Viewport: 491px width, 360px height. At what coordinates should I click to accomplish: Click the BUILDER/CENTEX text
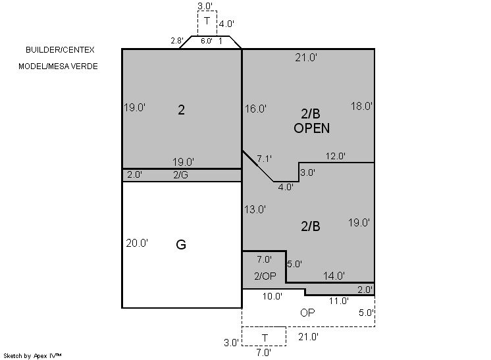tap(60, 50)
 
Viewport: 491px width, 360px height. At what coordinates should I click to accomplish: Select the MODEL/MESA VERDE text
tap(58, 66)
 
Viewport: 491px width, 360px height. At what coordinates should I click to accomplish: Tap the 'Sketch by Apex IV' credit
tap(32, 356)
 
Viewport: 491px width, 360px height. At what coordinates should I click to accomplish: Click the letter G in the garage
tap(181, 244)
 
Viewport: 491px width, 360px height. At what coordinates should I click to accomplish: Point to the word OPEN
tap(311, 128)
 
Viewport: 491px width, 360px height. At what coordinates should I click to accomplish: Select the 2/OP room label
tap(265, 276)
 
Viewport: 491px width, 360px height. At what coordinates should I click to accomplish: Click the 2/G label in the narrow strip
tap(181, 175)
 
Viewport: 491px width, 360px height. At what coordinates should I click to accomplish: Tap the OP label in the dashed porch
tap(307, 313)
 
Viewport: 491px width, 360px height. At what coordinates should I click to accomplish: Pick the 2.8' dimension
tap(177, 41)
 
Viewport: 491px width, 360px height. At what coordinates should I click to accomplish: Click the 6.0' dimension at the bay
tap(207, 41)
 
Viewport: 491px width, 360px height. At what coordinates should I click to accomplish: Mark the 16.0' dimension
tap(255, 109)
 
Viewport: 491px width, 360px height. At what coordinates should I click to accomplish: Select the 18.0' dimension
tap(361, 107)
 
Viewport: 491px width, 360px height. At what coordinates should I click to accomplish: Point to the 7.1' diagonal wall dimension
tap(264, 159)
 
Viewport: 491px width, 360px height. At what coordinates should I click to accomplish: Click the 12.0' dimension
tap(336, 156)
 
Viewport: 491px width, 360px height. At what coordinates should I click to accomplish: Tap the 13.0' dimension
tap(255, 209)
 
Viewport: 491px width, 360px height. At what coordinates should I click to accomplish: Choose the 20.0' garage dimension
tap(137, 244)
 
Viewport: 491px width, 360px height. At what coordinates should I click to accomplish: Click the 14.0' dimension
tap(334, 276)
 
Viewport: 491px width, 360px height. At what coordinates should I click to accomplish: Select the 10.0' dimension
tap(272, 296)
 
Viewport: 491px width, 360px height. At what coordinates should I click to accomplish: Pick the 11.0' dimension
tap(338, 301)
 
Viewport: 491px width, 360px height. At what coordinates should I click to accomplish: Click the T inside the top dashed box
tap(207, 21)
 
